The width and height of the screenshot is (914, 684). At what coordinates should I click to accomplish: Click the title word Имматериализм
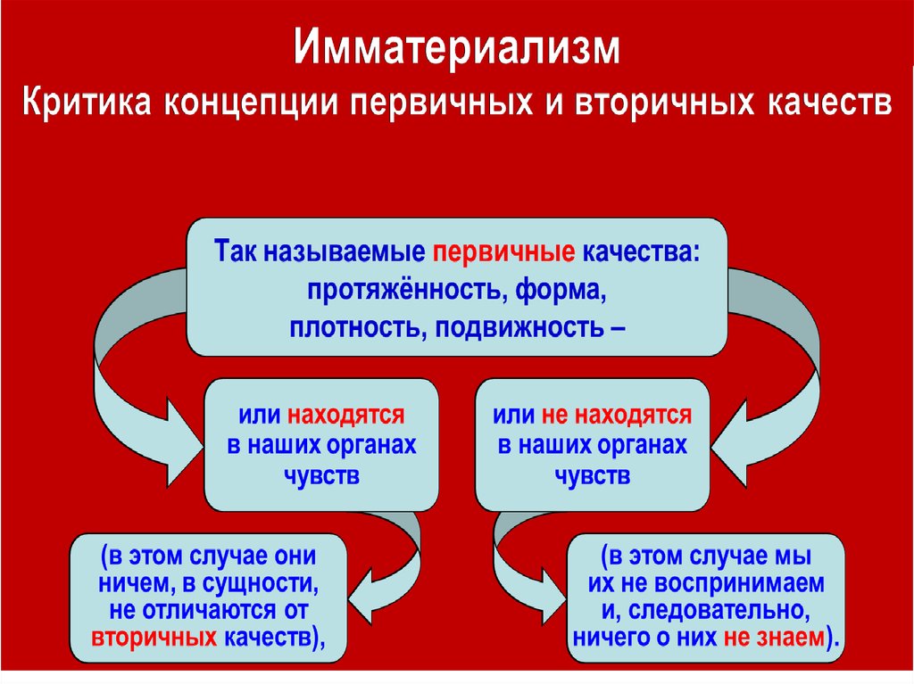(x=456, y=49)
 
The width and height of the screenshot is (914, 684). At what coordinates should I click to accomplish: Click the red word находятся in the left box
(x=345, y=415)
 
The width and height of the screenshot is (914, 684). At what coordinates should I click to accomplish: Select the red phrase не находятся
(x=615, y=415)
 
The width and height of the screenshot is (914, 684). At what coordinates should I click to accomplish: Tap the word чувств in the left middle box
(x=321, y=475)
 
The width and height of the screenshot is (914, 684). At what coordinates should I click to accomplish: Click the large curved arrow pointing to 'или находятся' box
(x=125, y=357)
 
